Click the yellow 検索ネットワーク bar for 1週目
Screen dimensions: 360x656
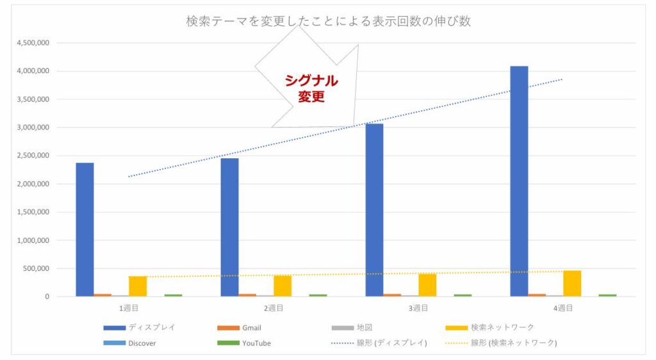138,286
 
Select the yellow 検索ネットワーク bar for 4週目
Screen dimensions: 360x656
572,284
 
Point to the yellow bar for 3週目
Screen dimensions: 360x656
427,285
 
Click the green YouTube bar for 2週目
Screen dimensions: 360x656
318,295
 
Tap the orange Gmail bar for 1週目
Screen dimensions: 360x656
102,295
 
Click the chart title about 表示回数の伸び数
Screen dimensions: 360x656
328,21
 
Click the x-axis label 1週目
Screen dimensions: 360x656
129,308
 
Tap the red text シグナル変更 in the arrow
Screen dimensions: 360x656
311,88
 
